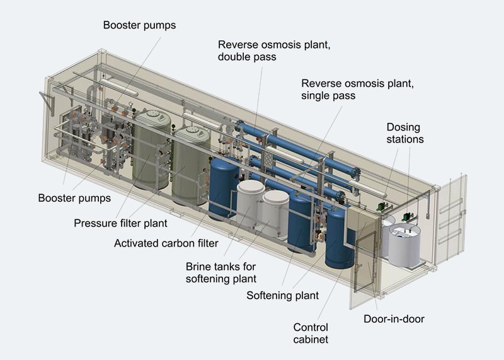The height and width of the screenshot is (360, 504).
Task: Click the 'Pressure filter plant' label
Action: [120, 223]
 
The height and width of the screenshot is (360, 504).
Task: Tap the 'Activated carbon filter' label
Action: [166, 243]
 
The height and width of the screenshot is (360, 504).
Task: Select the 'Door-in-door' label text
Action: [394, 319]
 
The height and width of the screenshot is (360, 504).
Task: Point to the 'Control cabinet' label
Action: [311, 334]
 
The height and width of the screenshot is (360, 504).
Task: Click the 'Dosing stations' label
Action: [404, 133]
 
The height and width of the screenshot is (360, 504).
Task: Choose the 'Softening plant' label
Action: [282, 295]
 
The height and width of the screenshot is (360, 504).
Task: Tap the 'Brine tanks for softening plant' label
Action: [221, 272]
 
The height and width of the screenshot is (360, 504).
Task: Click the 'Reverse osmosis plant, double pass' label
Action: [274, 50]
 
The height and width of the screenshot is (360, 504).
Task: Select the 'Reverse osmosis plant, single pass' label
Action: [357, 89]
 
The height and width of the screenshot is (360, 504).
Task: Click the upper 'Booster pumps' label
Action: [139, 25]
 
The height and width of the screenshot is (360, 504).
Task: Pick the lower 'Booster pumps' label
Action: [74, 198]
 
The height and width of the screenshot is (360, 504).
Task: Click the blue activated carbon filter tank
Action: [224, 189]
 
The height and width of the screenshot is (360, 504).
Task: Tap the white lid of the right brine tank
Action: [275, 197]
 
